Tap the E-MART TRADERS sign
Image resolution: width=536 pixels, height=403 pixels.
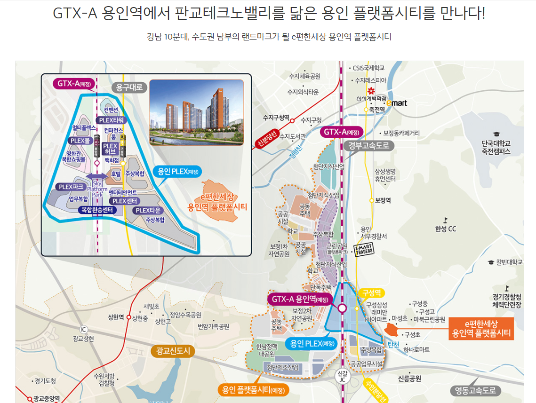coord(363,249)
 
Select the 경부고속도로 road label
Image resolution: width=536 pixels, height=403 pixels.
coord(369,146)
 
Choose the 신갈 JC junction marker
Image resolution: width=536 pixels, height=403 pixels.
coord(342,375)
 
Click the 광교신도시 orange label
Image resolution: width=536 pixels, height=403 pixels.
coord(173,351)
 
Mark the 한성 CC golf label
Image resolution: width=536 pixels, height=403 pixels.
coord(446,229)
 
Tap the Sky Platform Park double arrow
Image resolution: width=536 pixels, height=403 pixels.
coord(97,176)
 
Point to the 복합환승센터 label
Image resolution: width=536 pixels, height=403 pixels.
coord(96,210)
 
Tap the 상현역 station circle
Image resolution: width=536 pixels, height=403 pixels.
coord(128,317)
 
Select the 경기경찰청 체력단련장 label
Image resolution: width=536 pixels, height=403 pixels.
coord(506,301)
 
